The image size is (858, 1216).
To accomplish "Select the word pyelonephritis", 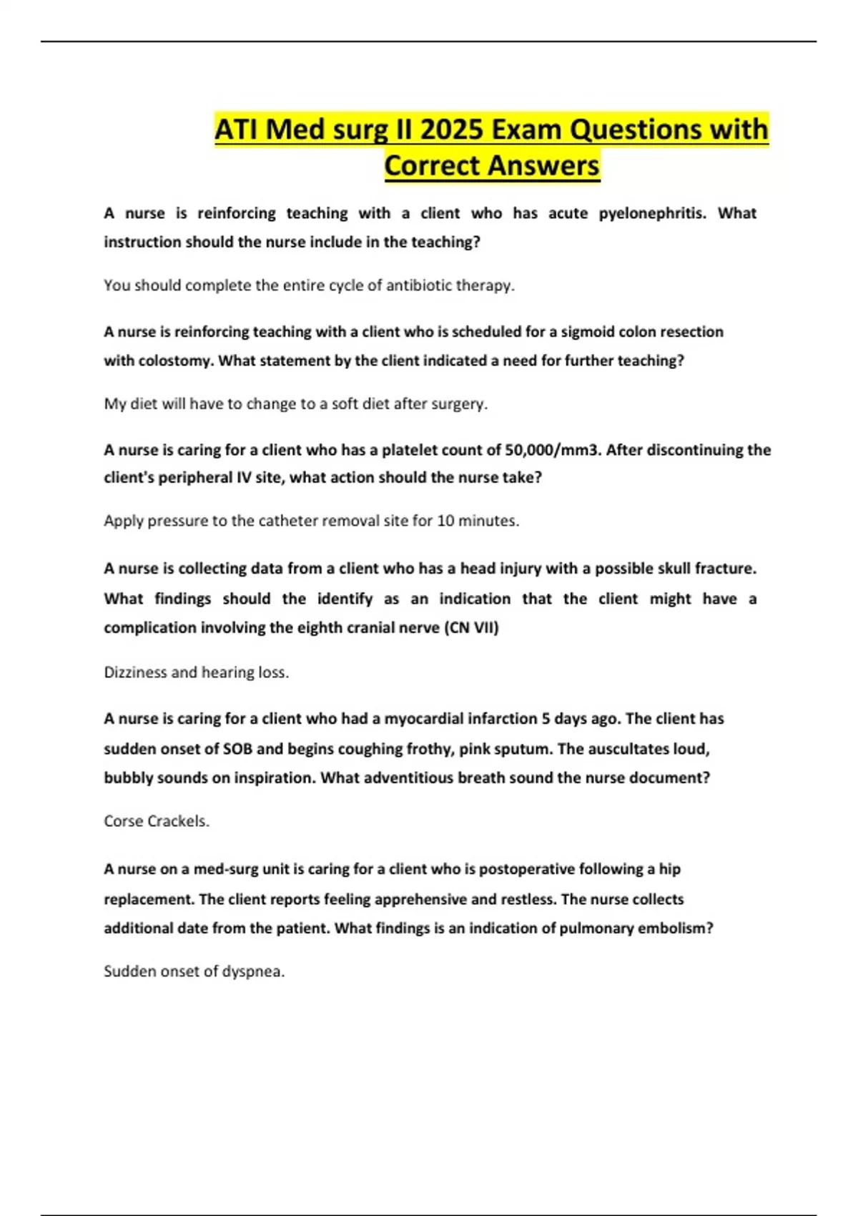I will pyautogui.click(x=651, y=213).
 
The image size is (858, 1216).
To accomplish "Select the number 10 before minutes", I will pyautogui.click(x=445, y=521).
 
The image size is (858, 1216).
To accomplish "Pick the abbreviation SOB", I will pyautogui.click(x=238, y=749).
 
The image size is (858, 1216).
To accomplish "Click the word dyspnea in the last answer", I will pyautogui.click(x=253, y=971).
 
